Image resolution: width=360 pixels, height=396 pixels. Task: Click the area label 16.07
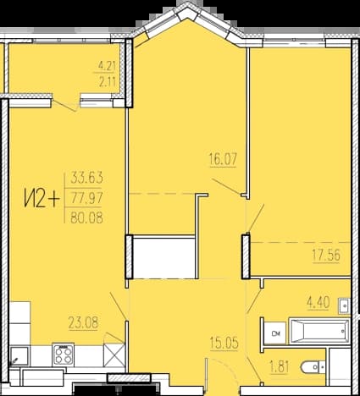click(223, 159)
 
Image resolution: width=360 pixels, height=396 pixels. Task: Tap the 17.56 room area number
click(326, 256)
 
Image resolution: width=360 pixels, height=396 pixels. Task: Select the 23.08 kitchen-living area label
click(83, 322)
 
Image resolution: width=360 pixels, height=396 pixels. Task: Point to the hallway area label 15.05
click(224, 344)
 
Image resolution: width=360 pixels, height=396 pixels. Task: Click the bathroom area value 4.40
click(318, 303)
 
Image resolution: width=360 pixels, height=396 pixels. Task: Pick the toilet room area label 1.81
click(280, 367)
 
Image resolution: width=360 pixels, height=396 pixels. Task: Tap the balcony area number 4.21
click(107, 67)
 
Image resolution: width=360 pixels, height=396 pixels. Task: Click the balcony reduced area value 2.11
click(107, 82)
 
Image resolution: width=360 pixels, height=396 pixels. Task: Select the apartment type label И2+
click(42, 198)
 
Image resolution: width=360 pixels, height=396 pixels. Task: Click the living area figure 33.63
click(86, 178)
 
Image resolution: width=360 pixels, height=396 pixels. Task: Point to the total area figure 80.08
click(86, 217)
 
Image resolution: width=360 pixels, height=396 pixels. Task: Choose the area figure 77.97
click(86, 197)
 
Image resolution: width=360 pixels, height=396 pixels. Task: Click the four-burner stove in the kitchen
click(64, 355)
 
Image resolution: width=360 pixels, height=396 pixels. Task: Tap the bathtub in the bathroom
click(319, 331)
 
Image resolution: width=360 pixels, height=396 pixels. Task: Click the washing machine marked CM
click(275, 333)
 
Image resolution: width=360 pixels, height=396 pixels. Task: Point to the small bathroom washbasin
click(344, 306)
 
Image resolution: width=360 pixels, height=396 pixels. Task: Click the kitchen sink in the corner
click(19, 356)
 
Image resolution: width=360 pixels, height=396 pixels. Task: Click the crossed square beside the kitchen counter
click(114, 355)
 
